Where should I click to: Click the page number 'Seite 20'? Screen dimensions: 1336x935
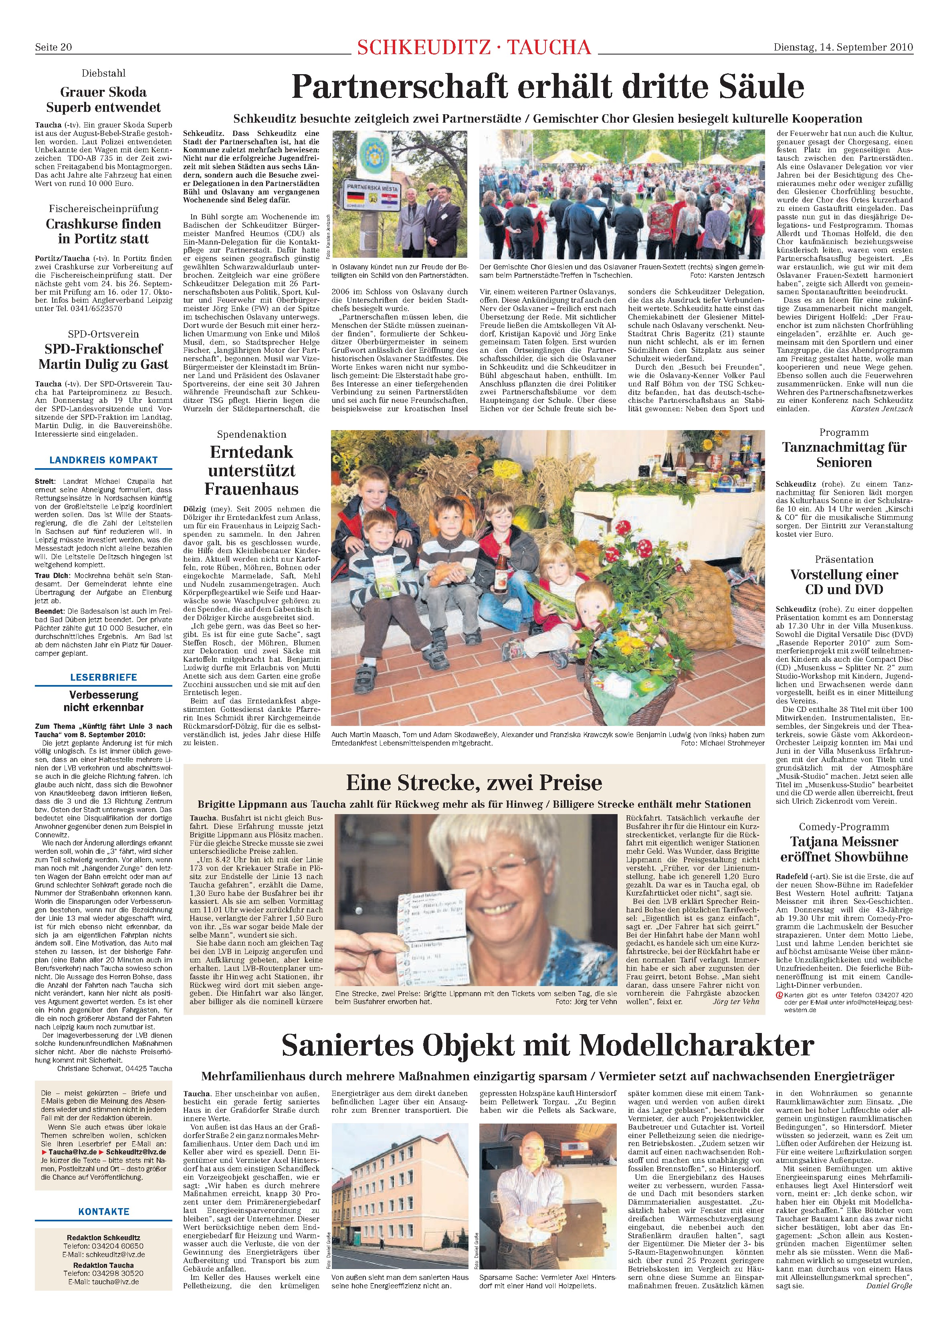coord(54,47)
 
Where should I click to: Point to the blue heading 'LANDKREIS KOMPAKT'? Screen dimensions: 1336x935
coord(103,460)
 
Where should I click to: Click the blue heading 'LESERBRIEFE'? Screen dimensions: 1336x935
coord(103,677)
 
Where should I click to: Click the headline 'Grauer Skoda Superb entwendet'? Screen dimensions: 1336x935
coord(103,99)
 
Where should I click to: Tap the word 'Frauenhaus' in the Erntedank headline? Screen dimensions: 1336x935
coord(251,489)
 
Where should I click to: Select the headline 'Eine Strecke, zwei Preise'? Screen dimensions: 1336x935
coord(474,782)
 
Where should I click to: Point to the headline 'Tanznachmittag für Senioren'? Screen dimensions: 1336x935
coord(844,455)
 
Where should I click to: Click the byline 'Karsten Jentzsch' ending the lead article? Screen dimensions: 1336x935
coord(881,408)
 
